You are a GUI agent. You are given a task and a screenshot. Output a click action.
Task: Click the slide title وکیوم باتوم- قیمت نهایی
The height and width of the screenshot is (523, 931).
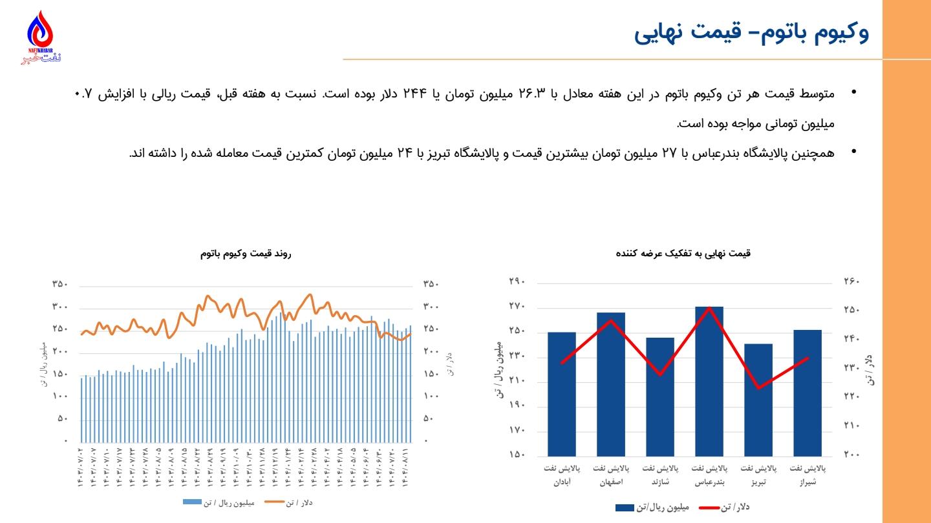[x=751, y=33]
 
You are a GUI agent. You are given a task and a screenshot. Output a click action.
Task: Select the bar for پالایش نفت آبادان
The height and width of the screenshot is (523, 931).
[x=561, y=394]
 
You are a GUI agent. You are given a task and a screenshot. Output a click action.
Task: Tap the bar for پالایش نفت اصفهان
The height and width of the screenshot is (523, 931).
[x=611, y=384]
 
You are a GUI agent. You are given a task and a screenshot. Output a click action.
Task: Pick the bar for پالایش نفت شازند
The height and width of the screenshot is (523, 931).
[x=660, y=396]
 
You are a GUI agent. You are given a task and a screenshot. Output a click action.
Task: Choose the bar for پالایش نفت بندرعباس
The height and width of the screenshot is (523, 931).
[x=709, y=381]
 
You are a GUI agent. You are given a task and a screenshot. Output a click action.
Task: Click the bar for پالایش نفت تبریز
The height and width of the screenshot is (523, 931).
[x=758, y=400]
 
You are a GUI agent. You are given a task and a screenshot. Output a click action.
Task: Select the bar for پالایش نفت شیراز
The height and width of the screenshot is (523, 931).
[x=808, y=393]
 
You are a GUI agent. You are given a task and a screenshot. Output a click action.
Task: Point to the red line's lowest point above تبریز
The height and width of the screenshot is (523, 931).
[x=758, y=388]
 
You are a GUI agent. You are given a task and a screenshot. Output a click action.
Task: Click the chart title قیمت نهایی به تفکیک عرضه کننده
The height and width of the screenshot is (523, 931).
[x=683, y=254]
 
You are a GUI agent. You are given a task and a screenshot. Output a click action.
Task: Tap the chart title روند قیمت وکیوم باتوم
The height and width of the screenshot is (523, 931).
[x=246, y=254]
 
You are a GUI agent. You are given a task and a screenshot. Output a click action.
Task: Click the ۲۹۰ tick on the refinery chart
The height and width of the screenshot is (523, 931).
[x=517, y=282]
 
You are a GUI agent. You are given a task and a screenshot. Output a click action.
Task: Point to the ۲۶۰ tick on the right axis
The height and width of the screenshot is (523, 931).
[x=851, y=282]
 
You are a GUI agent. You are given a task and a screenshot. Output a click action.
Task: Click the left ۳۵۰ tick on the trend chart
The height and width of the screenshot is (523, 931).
[x=60, y=285]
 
